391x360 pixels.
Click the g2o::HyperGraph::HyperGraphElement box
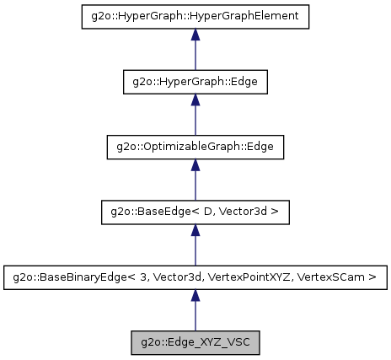click(195, 17)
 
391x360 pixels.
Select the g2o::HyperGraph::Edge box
click(195, 82)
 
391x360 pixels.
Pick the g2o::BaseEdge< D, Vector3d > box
click(195, 212)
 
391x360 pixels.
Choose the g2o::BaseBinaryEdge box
click(195, 277)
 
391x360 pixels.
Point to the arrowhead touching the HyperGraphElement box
click(195, 35)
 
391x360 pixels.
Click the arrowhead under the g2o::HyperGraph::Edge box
click(195, 100)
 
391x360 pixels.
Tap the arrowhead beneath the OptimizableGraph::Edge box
click(195, 165)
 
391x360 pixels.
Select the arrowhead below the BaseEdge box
click(195, 230)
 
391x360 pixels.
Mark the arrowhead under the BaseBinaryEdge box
click(195, 295)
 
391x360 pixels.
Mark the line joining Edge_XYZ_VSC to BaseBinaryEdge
click(195, 317)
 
